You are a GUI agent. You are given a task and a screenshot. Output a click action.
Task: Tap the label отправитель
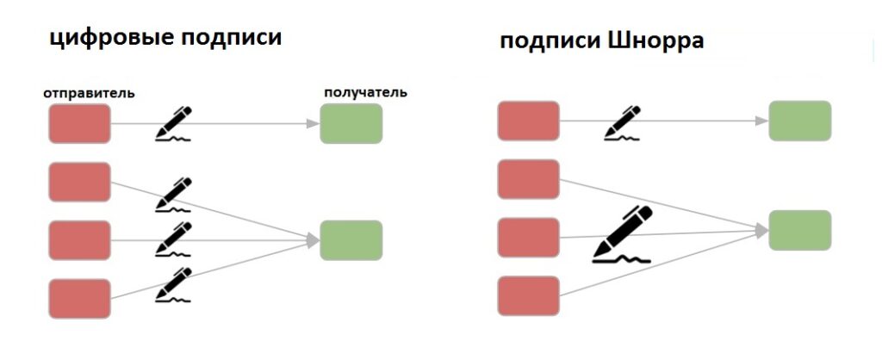pyautogui.click(x=89, y=93)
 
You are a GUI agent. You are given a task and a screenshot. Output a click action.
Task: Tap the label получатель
pyautogui.click(x=365, y=92)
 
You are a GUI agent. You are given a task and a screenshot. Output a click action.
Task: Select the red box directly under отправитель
pyautogui.click(x=79, y=123)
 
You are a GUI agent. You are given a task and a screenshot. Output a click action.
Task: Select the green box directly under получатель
pyautogui.click(x=351, y=123)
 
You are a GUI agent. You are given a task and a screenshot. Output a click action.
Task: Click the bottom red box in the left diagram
pyautogui.click(x=79, y=299)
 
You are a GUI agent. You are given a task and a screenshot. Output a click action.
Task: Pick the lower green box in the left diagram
pyautogui.click(x=351, y=240)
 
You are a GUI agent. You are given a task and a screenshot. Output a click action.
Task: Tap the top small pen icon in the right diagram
pyautogui.click(x=622, y=122)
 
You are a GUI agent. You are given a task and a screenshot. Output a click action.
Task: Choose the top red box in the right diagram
pyautogui.click(x=528, y=121)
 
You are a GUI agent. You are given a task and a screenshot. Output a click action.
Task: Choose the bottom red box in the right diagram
pyautogui.click(x=528, y=296)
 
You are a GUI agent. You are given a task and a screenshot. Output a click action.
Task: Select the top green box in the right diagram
pyautogui.click(x=800, y=121)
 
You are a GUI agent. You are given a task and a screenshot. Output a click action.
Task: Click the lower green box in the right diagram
pyautogui.click(x=800, y=230)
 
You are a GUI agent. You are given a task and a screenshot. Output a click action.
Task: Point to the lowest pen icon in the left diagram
pyautogui.click(x=173, y=284)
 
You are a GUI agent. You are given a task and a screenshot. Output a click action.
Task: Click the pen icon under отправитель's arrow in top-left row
pyautogui.click(x=173, y=123)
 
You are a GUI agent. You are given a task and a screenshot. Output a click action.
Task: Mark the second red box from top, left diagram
pyautogui.click(x=79, y=182)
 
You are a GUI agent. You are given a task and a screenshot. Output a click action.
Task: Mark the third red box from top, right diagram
pyautogui.click(x=528, y=238)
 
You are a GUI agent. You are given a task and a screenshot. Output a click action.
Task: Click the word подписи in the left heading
pyautogui.click(x=231, y=38)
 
